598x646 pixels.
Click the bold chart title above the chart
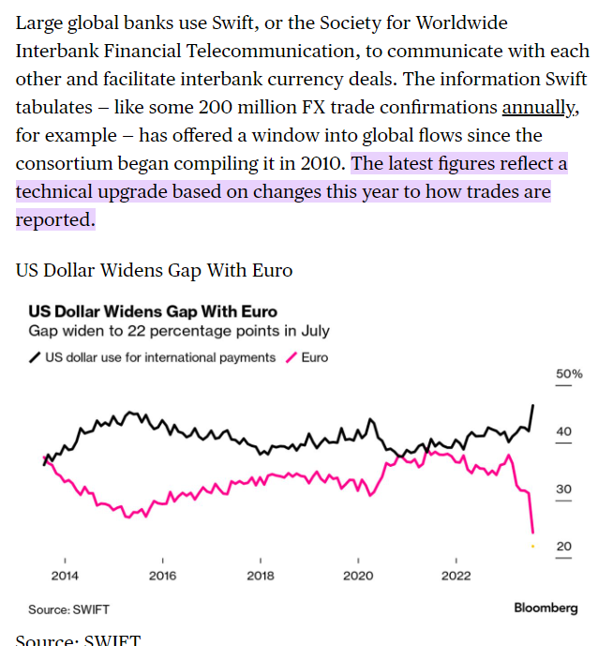point(153,311)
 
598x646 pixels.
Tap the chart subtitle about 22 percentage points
point(179,331)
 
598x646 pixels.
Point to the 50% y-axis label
point(569,374)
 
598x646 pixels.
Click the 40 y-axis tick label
point(563,431)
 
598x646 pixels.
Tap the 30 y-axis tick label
point(563,489)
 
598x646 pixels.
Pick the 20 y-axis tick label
point(563,547)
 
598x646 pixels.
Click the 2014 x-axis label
point(65,576)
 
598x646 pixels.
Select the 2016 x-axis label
point(162,576)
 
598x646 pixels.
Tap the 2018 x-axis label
point(261,576)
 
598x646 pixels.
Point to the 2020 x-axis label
point(358,576)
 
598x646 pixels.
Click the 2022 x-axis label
point(456,576)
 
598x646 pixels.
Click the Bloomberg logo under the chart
point(546,608)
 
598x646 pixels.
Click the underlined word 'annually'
point(539,108)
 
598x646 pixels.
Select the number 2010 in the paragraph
point(321,164)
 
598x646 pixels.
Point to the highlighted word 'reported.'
point(55,220)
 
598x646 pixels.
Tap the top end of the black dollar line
point(533,405)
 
